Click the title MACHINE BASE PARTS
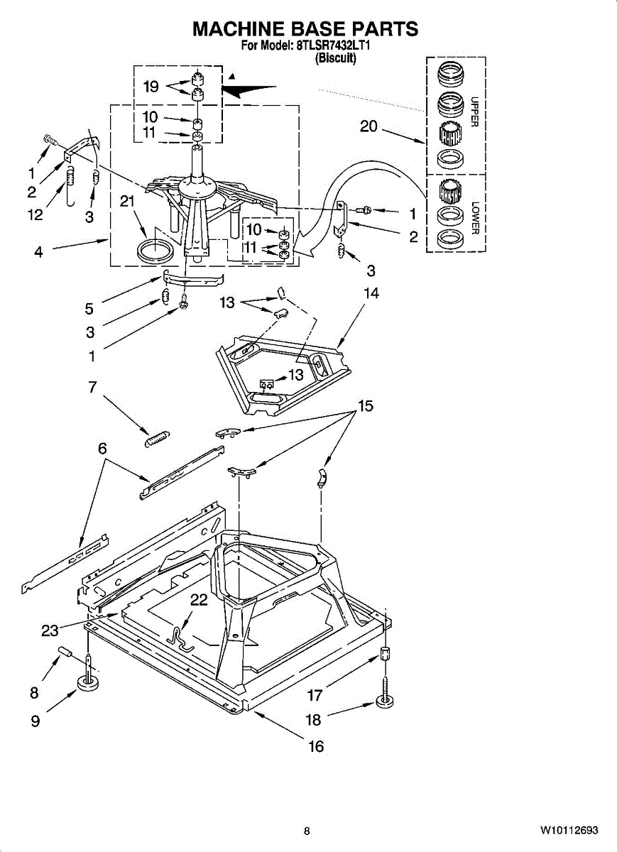coord(305,29)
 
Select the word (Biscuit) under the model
coord(335,59)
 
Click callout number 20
coord(368,126)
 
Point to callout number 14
coord(371,293)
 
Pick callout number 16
coord(315,746)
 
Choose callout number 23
coord(50,630)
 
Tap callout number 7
coord(92,388)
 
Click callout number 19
coord(151,87)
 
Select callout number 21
coord(127,202)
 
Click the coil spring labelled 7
coord(155,439)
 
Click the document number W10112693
coord(569,831)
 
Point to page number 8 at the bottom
coord(307,831)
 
